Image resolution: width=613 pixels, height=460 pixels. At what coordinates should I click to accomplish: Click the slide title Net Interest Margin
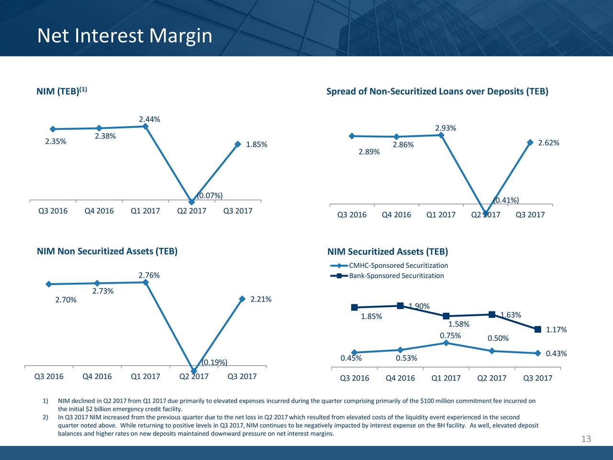(125, 36)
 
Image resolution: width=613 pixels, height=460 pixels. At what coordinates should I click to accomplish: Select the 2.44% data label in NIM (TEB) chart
(149, 119)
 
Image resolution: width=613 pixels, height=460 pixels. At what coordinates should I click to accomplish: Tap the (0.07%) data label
(210, 195)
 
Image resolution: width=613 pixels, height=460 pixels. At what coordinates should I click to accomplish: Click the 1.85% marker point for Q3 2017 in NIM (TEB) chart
(238, 144)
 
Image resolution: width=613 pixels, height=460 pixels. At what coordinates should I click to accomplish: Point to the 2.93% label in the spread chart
(445, 128)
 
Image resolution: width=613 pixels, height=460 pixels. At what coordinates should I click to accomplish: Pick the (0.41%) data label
(506, 200)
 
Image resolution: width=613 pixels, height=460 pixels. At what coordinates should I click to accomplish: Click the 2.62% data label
(549, 143)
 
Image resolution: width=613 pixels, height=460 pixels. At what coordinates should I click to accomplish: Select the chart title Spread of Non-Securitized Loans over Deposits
(437, 92)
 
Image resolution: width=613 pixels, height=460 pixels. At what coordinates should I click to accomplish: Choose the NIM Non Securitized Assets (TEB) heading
(107, 252)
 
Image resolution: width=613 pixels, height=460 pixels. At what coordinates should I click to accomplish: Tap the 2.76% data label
(149, 276)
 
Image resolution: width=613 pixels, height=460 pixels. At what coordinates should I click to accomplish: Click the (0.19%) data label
(214, 362)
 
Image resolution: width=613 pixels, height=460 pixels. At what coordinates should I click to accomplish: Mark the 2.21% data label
(261, 299)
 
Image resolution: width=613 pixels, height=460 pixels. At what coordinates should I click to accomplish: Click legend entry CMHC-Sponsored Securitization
(398, 266)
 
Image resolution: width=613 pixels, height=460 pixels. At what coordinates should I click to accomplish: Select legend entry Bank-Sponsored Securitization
(396, 276)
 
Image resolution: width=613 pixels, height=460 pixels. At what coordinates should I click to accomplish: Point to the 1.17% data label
(556, 330)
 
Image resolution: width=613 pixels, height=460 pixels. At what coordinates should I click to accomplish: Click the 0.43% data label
(556, 354)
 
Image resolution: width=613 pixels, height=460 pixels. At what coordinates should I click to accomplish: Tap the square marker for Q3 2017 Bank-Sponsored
(537, 329)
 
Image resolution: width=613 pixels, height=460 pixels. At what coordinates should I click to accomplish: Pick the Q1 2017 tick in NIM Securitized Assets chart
(446, 378)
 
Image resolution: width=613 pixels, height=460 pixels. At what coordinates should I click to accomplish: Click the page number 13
(586, 439)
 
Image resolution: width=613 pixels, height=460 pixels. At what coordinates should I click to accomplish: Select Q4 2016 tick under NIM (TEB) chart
(99, 211)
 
